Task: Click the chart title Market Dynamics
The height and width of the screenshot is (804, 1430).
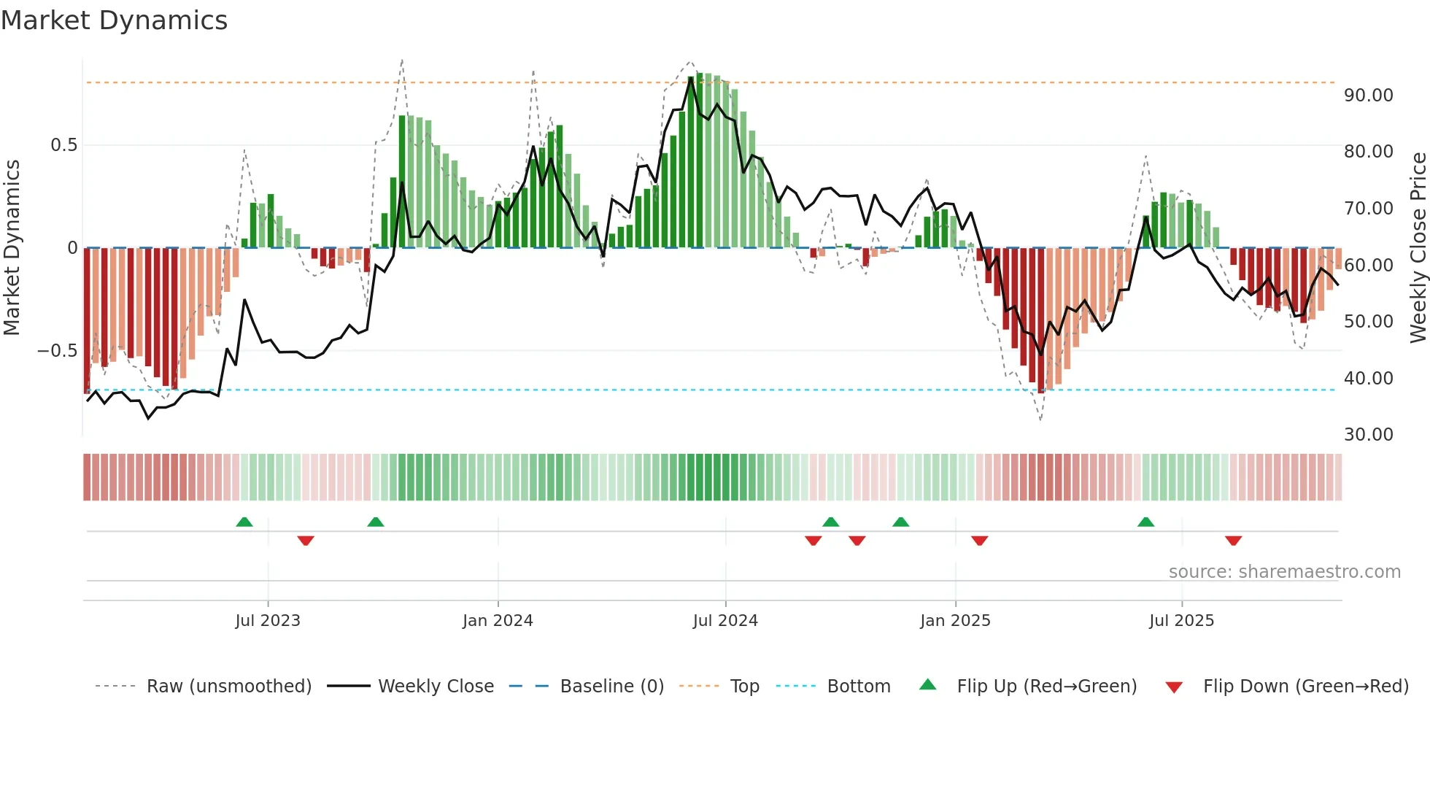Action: tap(115, 20)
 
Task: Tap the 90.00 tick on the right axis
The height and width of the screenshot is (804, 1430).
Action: tap(1368, 96)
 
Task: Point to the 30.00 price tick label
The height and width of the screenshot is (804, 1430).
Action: tap(1368, 435)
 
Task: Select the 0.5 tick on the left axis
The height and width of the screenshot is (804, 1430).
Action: tap(63, 145)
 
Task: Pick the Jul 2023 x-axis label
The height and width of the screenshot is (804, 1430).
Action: tap(268, 621)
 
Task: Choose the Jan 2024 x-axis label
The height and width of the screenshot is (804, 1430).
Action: tap(498, 621)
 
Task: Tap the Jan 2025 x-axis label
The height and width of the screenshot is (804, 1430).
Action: tap(955, 621)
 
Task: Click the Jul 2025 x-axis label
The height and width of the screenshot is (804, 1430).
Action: tap(1181, 621)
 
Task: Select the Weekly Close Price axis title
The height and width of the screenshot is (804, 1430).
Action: tap(1418, 247)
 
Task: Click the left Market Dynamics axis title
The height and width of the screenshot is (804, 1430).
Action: tap(12, 247)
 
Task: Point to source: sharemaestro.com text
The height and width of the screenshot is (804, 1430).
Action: tap(1284, 572)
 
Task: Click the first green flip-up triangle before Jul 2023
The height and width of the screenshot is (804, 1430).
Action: tap(244, 522)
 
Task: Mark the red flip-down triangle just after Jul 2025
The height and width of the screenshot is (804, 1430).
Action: tap(1233, 541)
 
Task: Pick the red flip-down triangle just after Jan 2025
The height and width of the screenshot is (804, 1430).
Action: tap(979, 541)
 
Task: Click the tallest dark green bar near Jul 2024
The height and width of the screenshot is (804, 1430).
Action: tap(700, 161)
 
